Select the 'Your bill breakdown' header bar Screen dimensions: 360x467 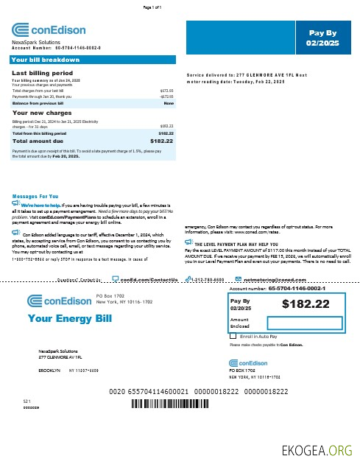(46, 59)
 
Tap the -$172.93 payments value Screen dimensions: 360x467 (166, 96)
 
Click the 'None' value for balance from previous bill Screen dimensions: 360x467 (169, 104)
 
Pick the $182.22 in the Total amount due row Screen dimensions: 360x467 (161, 140)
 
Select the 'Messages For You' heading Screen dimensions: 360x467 (35, 197)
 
